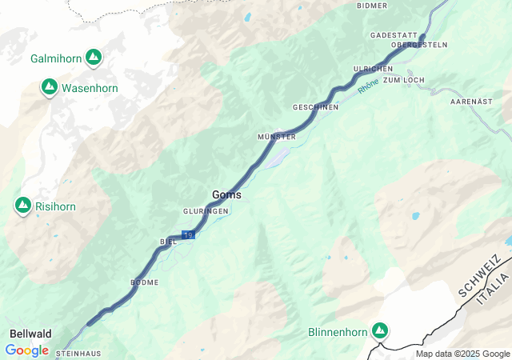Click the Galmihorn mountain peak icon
pos(94,58)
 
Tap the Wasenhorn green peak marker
pos(49,86)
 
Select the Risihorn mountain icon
pos(22,206)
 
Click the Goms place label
pos(226,194)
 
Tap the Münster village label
pos(277,137)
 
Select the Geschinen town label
pos(315,107)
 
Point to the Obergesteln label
pos(418,45)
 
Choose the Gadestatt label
pos(394,35)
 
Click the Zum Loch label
pos(403,81)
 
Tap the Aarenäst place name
pos(471,102)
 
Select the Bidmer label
pos(372,6)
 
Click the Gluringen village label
pos(206,211)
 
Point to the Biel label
pos(168,241)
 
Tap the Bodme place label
pos(145,282)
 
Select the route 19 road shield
pos(188,234)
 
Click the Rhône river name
pos(368,86)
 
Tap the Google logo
pos(26,350)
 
